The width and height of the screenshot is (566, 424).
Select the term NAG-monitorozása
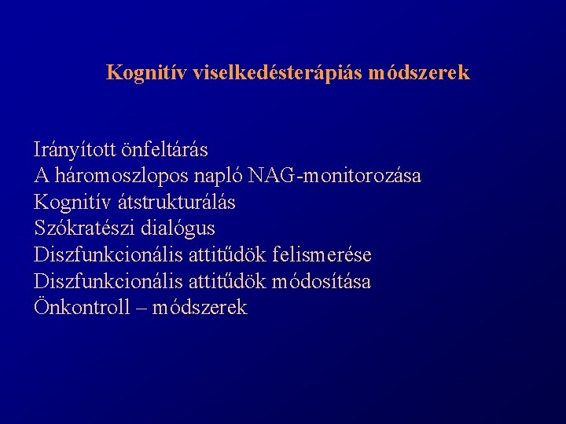coord(335,175)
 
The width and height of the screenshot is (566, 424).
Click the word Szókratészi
coord(82,228)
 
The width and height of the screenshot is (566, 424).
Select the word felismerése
coord(322,255)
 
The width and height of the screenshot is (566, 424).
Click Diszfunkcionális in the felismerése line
coord(107,255)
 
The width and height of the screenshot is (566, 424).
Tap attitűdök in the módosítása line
coord(226,282)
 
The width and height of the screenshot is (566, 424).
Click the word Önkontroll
coord(82,308)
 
